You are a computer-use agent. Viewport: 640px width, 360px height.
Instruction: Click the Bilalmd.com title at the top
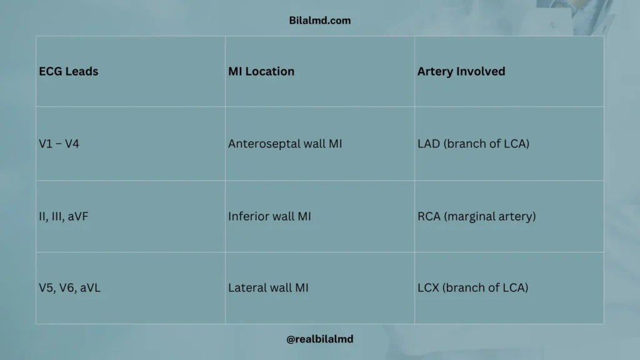point(319,21)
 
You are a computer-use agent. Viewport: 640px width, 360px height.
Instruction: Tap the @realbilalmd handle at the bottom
point(319,339)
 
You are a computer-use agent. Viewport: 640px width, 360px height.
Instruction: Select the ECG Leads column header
point(69,71)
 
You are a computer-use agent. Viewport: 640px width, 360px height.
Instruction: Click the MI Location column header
point(261,71)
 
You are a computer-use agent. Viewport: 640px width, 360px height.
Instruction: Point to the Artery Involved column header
point(461,71)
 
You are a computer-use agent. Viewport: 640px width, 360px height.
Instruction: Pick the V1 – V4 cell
point(59,144)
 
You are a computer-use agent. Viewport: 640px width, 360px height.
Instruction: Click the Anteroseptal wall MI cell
point(285,144)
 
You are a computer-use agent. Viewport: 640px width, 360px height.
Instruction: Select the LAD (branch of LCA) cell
point(473,144)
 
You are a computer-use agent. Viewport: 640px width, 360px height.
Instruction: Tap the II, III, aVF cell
point(64,216)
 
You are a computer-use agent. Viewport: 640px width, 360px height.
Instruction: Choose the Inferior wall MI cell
point(269,216)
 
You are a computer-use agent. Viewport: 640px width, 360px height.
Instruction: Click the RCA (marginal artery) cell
point(476,216)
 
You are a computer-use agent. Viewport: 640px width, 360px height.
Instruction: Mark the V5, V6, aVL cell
point(67,288)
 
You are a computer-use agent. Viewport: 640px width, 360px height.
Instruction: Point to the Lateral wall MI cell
point(268,288)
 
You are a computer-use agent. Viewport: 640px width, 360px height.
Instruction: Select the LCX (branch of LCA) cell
point(472,288)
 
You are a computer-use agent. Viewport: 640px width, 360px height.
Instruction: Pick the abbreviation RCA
point(429,216)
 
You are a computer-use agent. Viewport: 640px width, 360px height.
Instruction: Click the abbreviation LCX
point(429,288)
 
